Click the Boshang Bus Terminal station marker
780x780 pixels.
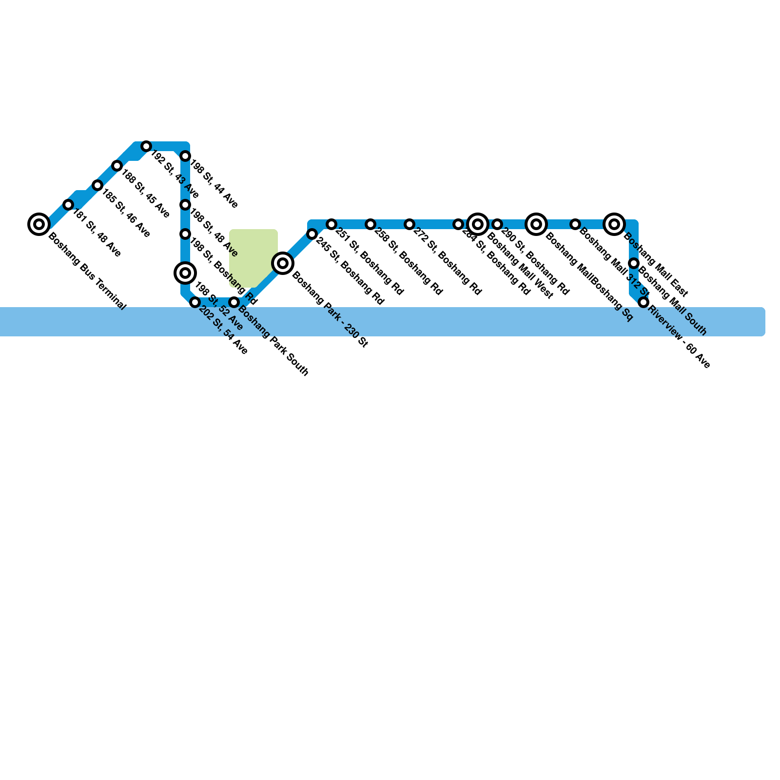pyautogui.click(x=39, y=224)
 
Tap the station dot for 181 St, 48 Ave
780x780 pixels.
pyautogui.click(x=68, y=205)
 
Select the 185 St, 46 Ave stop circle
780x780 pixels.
pyautogui.click(x=97, y=185)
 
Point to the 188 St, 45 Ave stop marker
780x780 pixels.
pyautogui.click(x=117, y=166)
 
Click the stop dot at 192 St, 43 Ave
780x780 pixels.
pyautogui.click(x=146, y=146)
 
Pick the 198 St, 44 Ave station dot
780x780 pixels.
pyautogui.click(x=185, y=156)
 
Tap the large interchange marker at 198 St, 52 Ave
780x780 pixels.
pyautogui.click(x=185, y=273)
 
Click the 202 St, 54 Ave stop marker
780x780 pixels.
pyautogui.click(x=195, y=302)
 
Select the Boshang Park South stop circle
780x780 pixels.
pyautogui.click(x=234, y=302)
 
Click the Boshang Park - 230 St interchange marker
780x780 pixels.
pyautogui.click(x=283, y=263)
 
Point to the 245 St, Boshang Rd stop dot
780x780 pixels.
pyautogui.click(x=312, y=234)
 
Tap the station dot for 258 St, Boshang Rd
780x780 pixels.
pyautogui.click(x=370, y=224)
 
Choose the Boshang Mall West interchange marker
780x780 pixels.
pyautogui.click(x=478, y=224)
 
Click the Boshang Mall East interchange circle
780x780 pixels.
pyautogui.click(x=614, y=224)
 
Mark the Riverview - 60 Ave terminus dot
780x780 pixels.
pyautogui.click(x=643, y=302)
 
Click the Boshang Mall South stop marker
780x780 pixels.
pyautogui.click(x=634, y=263)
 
